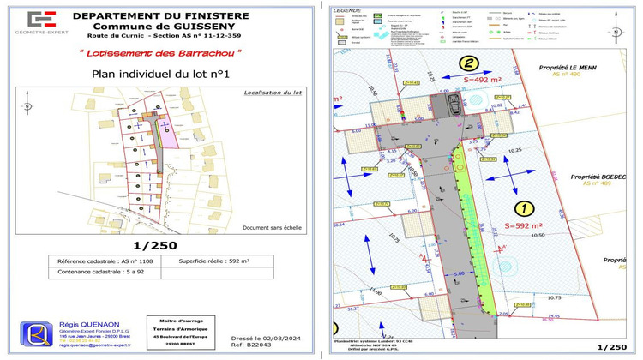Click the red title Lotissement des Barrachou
point(155,53)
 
